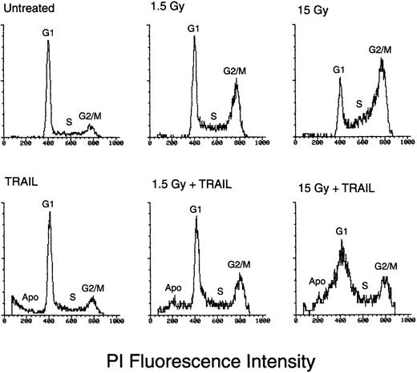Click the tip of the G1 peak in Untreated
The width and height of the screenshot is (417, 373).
[48, 42]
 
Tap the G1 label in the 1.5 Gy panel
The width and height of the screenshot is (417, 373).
[194, 29]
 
